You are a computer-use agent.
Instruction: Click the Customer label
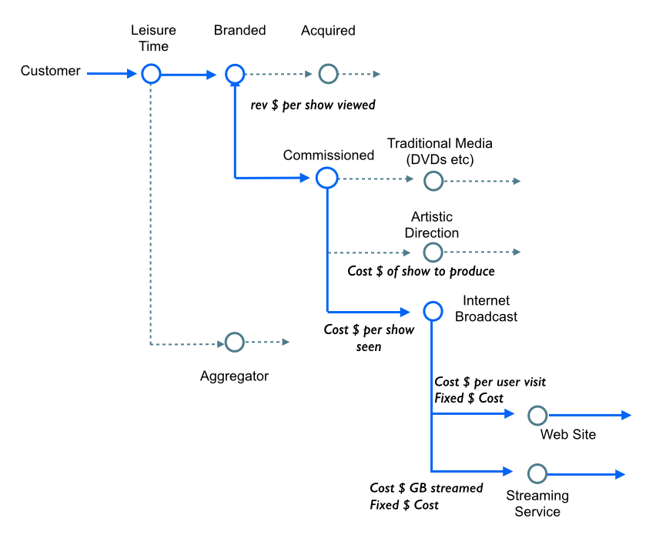coord(50,72)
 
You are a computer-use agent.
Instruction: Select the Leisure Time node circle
coord(150,74)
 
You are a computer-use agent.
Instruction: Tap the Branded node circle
coord(234,74)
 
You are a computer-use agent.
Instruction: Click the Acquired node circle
coord(329,74)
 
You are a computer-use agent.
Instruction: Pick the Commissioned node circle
coord(326,178)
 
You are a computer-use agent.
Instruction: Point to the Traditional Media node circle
coord(433,181)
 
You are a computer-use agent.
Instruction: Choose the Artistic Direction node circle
coord(433,252)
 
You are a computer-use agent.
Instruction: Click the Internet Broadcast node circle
coord(433,311)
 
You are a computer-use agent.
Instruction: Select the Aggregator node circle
coord(234,342)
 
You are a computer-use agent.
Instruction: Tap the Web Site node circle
coord(537,415)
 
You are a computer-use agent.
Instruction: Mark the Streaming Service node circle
coord(537,473)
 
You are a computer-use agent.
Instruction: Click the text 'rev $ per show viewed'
coord(313,105)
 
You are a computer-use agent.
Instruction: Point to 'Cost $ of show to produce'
coord(421,272)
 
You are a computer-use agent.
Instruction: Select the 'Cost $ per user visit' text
coord(490,382)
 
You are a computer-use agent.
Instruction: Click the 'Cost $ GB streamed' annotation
coord(427,488)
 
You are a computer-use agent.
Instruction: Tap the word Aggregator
coord(234,377)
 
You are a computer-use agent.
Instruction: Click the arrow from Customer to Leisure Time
coord(112,74)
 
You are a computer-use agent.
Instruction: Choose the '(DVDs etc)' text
coord(440,159)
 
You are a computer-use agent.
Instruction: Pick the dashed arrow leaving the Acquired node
coord(360,75)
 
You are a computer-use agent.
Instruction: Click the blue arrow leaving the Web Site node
coord(590,415)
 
